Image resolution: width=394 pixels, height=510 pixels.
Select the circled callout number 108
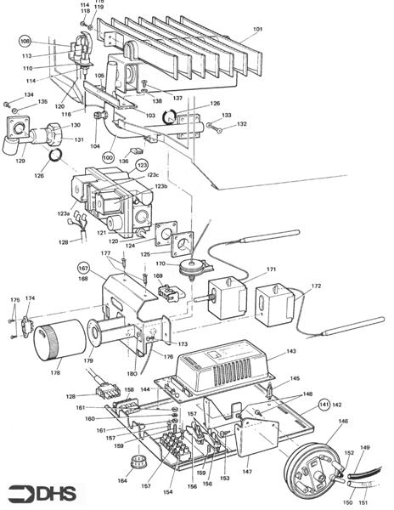[x=25, y=41]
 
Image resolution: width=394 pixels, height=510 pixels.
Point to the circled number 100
[x=108, y=159]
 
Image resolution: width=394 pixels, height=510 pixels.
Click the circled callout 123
[x=142, y=164]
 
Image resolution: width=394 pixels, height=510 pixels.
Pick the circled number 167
[x=84, y=267]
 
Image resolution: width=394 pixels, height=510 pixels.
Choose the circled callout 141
[x=324, y=405]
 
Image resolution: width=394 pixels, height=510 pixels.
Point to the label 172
[x=316, y=286]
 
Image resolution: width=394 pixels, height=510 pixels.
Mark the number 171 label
[x=272, y=269]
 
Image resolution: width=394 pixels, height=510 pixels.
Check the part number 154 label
[x=166, y=492]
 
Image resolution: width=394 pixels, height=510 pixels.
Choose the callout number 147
[x=247, y=469]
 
